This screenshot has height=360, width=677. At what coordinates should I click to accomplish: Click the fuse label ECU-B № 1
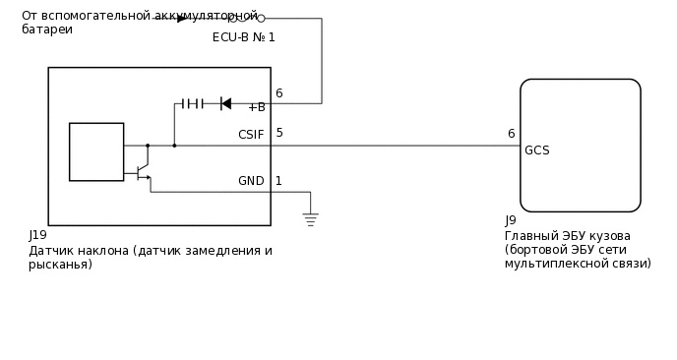244,37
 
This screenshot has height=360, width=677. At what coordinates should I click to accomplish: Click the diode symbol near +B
226,103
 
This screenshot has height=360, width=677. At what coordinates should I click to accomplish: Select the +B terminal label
257,107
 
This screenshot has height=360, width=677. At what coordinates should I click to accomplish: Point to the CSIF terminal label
251,135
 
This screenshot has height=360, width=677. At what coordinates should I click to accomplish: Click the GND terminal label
251,181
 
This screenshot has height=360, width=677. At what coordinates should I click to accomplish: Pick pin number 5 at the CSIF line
279,133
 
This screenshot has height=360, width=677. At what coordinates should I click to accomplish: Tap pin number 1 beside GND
278,181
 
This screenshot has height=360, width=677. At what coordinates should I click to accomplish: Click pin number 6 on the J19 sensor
278,93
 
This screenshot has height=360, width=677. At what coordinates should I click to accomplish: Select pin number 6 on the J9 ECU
511,134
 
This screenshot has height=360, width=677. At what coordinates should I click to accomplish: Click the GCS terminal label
537,150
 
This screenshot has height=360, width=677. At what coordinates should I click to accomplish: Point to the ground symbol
310,218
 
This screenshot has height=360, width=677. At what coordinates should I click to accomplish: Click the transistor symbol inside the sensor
144,172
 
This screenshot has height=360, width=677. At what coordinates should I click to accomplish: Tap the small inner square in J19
96,151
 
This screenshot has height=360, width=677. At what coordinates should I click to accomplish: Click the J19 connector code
38,235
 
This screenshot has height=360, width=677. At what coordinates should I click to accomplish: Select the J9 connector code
510,220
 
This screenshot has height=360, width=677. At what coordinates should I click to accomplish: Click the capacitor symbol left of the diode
193,103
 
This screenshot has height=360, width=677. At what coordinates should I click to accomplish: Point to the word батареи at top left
47,30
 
